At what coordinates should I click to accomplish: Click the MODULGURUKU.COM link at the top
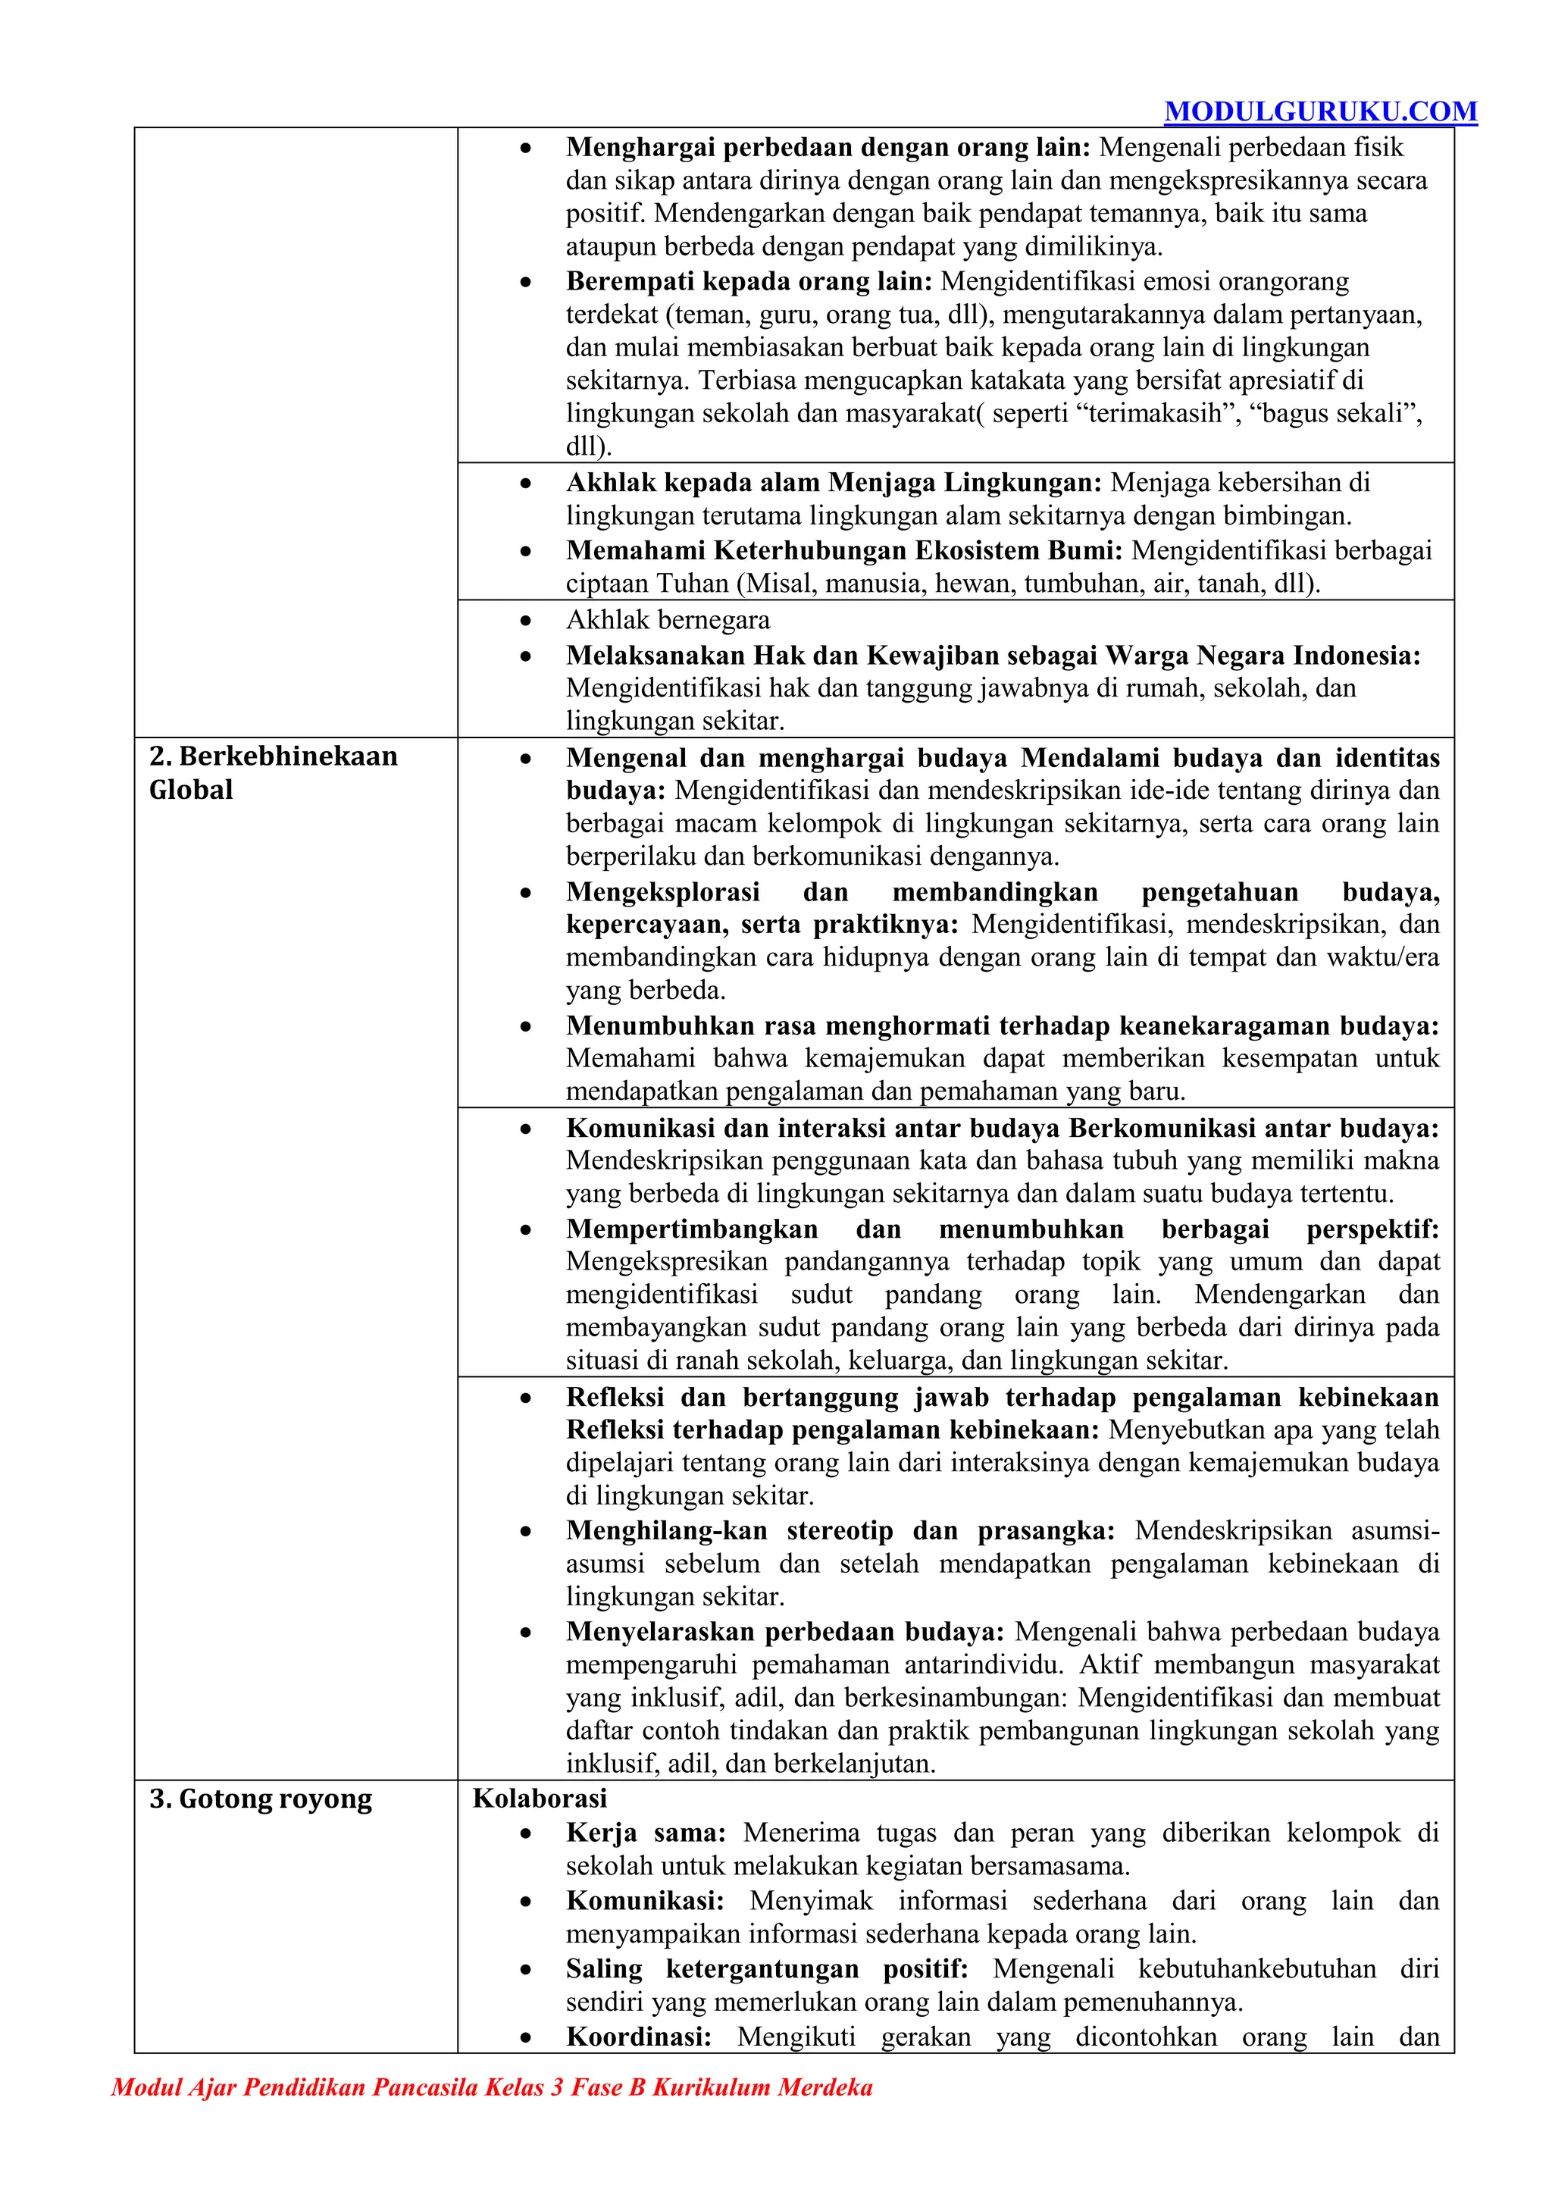1320,112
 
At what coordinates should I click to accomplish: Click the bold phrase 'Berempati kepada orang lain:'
748,281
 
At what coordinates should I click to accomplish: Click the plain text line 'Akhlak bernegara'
667,621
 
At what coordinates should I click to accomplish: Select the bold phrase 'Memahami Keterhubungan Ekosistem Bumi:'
845,551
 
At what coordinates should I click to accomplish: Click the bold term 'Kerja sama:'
645,1833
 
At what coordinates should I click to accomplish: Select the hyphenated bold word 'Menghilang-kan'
666,1530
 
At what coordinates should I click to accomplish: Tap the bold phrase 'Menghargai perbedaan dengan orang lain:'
828,147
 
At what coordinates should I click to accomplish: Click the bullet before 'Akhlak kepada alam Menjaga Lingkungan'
526,484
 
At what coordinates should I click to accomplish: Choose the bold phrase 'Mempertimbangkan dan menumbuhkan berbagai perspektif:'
1002,1229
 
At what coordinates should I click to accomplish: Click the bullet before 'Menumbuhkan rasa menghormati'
526,1027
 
